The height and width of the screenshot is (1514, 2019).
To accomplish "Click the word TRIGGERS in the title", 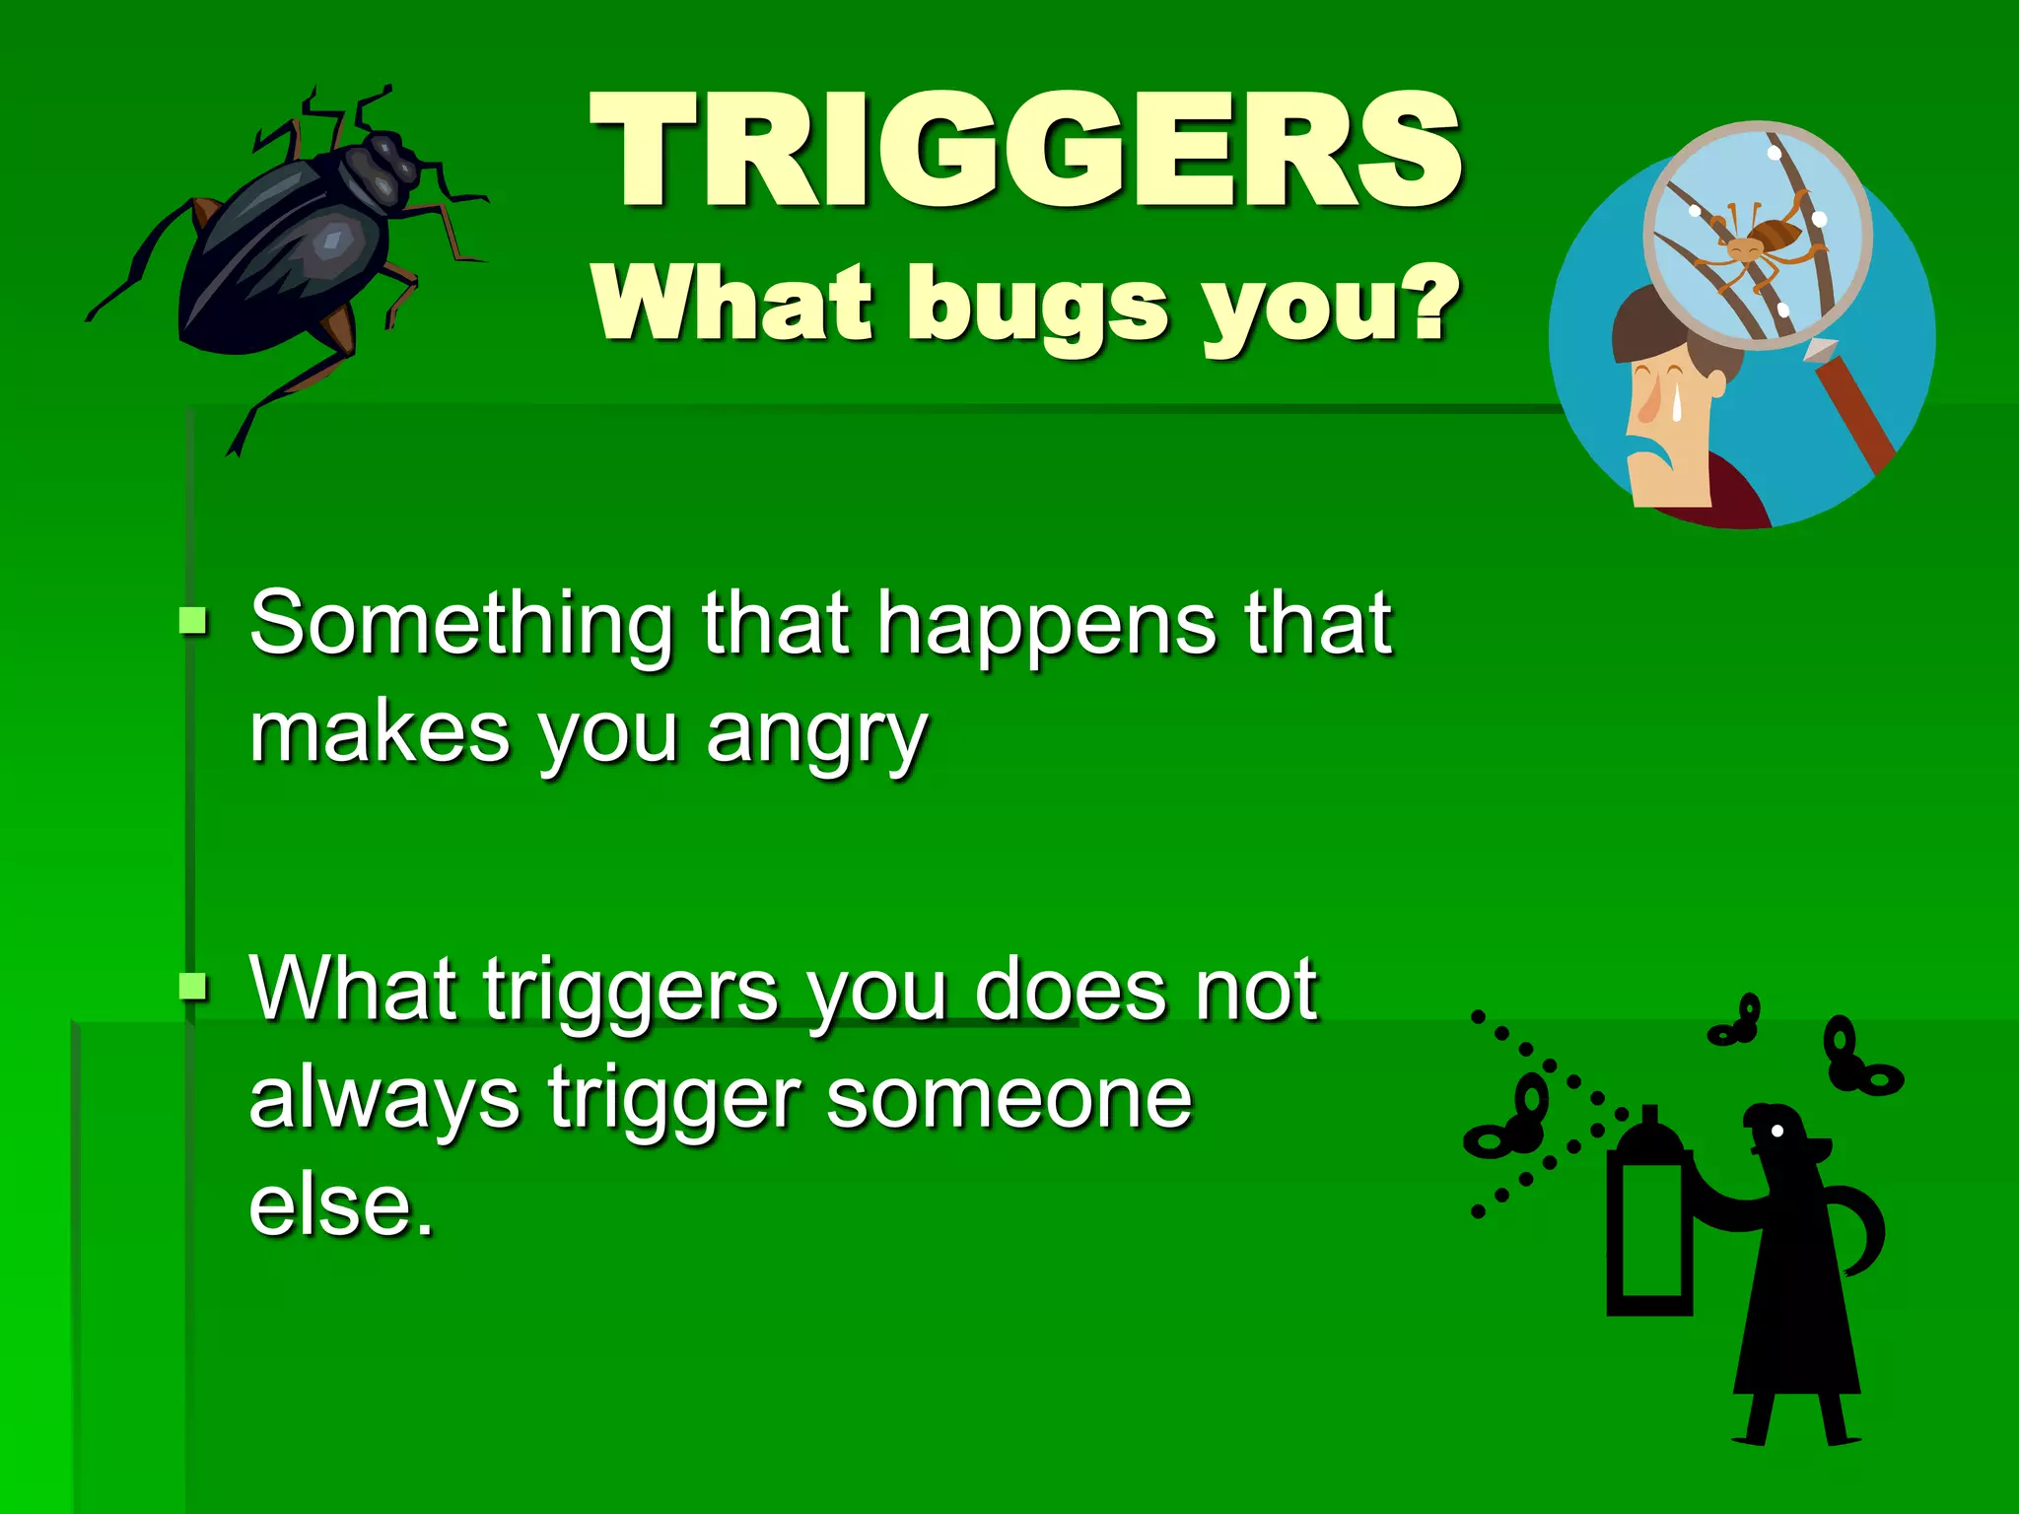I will pos(1025,150).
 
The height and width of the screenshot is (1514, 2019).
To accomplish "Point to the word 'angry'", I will pos(817,735).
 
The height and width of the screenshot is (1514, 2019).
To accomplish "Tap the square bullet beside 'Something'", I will pos(193,622).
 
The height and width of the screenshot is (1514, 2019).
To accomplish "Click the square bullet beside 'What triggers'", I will pos(193,985).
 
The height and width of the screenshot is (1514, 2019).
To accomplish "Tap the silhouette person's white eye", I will pos(1777,1131).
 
